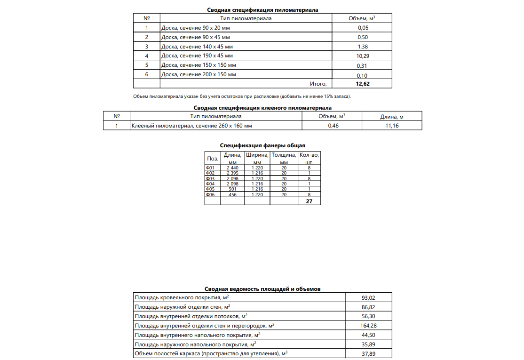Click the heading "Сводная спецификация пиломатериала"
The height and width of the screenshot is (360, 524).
[262, 10]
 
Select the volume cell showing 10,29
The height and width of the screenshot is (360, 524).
[362, 56]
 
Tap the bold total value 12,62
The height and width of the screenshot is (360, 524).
[362, 84]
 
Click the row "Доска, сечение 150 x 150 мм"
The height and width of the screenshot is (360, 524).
[198, 65]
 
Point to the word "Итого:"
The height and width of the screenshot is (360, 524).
[318, 84]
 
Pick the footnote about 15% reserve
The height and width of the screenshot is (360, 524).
[242, 96]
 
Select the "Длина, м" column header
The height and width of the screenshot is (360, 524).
[392, 116]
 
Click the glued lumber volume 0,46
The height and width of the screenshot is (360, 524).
[332, 126]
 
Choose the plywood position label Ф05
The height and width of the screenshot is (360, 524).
[210, 189]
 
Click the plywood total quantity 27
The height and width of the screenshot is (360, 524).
[309, 201]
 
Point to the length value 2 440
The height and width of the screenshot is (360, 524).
[232, 168]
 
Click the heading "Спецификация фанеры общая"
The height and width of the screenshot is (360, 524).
[262, 145]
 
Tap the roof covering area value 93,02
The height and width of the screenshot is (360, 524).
[368, 297]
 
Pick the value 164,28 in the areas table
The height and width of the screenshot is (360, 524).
[368, 325]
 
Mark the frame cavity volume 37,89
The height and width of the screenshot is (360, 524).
[368, 353]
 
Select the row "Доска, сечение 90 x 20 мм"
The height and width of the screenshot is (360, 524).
[195, 28]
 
